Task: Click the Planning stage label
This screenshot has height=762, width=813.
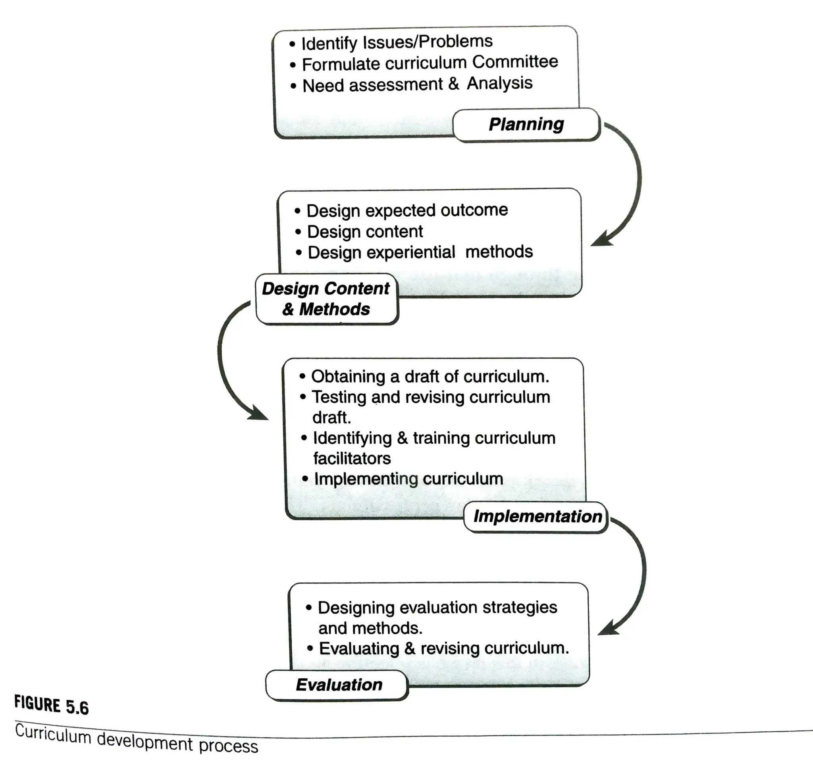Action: (x=526, y=124)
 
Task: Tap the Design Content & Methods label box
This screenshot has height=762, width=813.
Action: (x=326, y=299)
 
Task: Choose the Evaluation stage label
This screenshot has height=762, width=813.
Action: (x=339, y=685)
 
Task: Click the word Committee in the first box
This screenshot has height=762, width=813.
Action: (x=515, y=62)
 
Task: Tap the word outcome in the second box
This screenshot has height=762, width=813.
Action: (x=474, y=210)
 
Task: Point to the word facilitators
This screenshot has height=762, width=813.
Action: (x=352, y=459)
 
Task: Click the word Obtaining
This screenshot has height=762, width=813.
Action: (x=348, y=377)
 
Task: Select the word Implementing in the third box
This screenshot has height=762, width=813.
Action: (x=366, y=479)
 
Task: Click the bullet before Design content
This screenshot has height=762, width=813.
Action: (x=298, y=232)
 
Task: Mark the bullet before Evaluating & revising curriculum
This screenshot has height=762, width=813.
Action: (x=310, y=648)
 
